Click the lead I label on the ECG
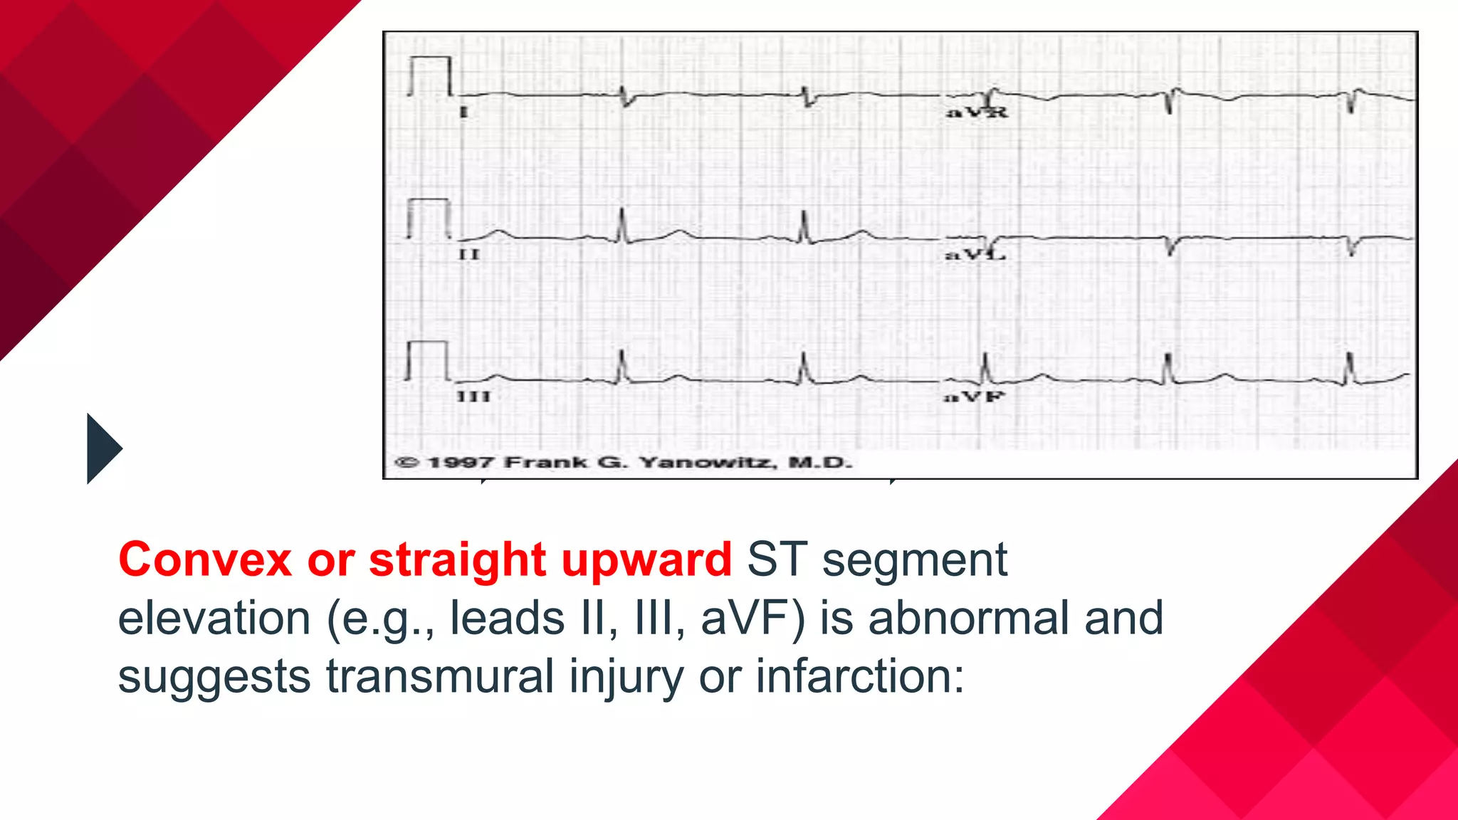coord(464,112)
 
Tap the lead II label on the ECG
coord(469,254)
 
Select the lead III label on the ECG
coord(473,396)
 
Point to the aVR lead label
coord(977,112)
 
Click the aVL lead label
coord(975,254)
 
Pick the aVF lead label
coord(974,396)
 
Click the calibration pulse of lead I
coord(430,75)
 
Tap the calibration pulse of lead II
coord(429,218)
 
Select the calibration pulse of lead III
coord(427,360)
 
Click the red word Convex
coord(205,559)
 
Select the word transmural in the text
coord(440,676)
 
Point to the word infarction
coord(859,676)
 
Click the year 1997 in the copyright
coord(460,463)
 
